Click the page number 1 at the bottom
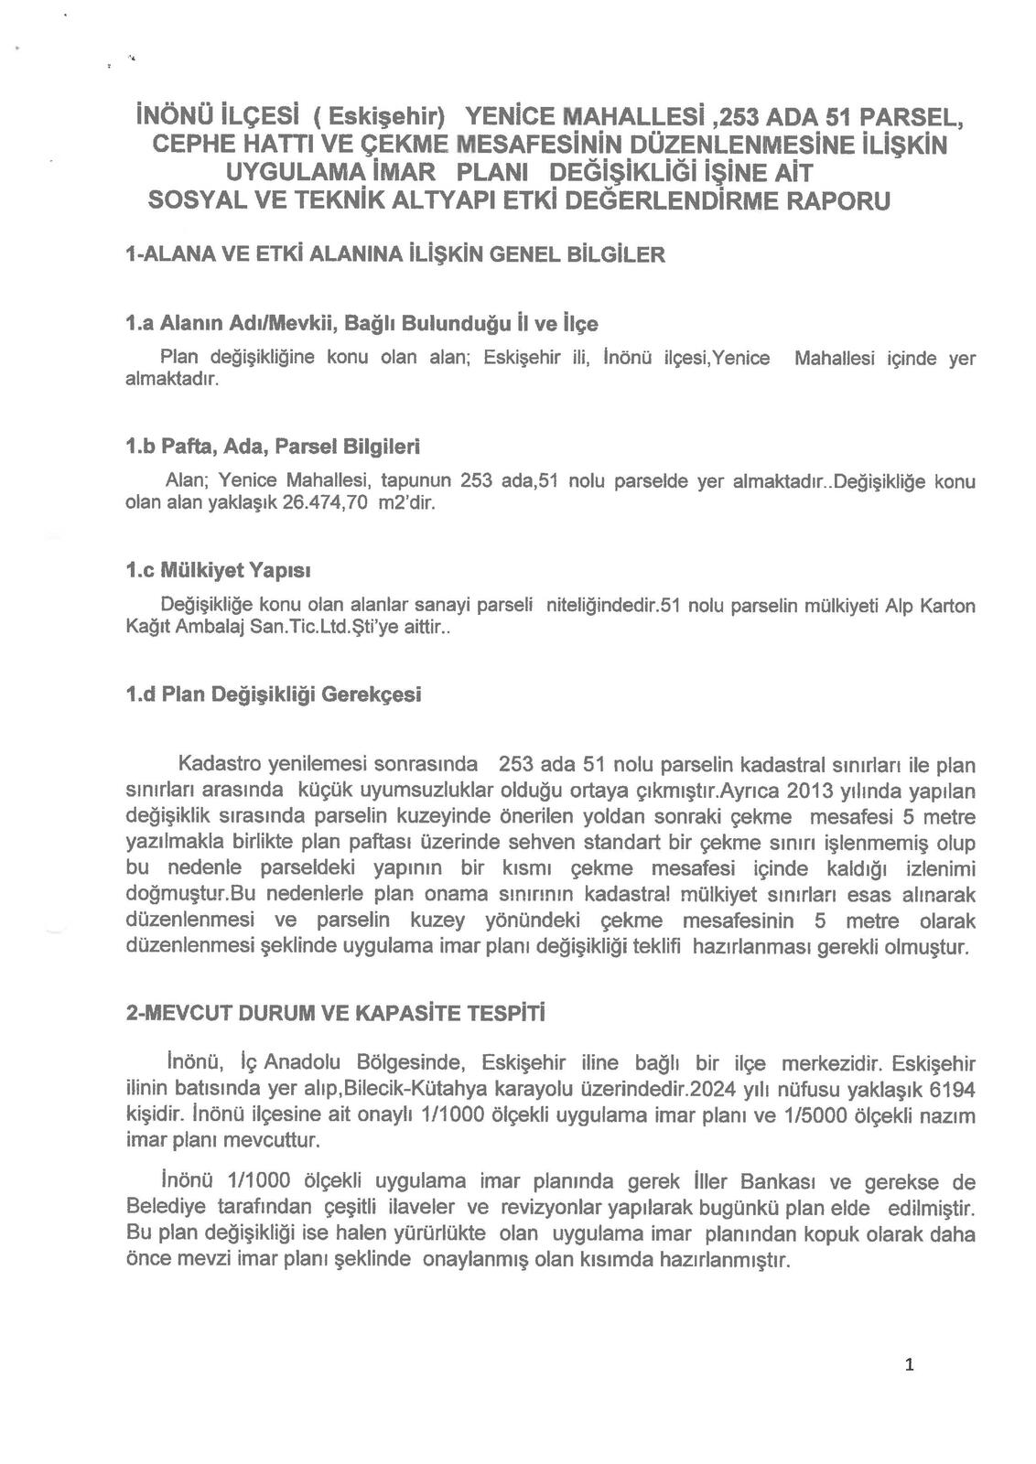pyautogui.click(x=909, y=1366)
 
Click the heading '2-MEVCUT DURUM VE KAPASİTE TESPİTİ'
pyautogui.click(x=335, y=1015)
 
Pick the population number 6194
pyautogui.click(x=952, y=1090)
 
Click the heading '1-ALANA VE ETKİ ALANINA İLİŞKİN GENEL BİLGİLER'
pyautogui.click(x=395, y=254)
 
